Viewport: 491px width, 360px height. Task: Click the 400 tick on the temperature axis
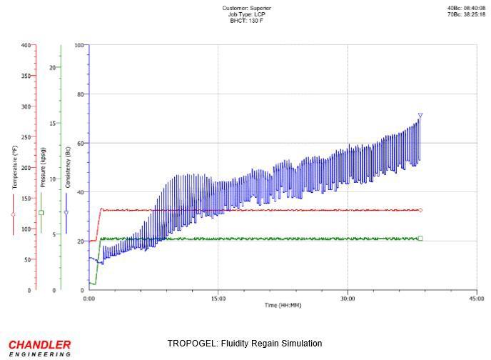26,45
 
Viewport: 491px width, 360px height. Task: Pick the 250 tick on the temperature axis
26,137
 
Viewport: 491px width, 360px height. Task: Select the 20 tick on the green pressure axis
52,67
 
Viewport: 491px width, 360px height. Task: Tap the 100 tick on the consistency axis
79,45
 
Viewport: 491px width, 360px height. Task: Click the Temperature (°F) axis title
14,167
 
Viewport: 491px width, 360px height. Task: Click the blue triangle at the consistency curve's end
420,115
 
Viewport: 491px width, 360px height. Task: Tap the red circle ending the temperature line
420,210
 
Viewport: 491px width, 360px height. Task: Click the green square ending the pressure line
420,238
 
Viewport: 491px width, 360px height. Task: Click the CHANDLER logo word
39,344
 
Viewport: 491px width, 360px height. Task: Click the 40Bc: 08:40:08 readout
467,8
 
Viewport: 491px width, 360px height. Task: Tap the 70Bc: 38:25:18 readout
467,14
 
